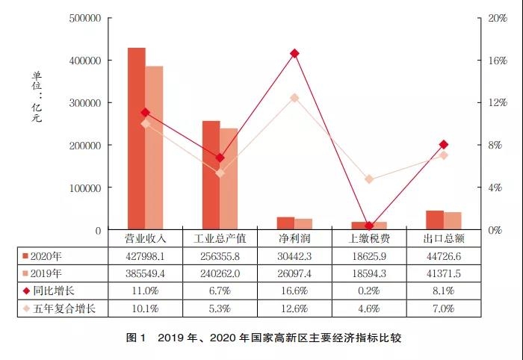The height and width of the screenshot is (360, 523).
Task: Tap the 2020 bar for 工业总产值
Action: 211,176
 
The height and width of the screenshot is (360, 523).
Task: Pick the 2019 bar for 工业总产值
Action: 229,179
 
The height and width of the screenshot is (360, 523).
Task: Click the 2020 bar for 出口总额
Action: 435,220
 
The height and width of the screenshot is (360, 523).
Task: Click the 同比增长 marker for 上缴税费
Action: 369,226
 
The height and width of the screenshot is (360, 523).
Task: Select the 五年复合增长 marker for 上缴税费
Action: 369,179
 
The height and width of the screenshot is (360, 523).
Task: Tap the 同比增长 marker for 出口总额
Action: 444,144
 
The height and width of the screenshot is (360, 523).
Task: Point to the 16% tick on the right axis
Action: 497,60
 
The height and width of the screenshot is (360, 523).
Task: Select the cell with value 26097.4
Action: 294,273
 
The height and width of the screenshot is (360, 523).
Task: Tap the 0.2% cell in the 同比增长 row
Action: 369,290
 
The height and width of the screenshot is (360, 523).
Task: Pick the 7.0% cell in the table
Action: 444,308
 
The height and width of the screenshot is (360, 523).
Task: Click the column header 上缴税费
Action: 369,238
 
